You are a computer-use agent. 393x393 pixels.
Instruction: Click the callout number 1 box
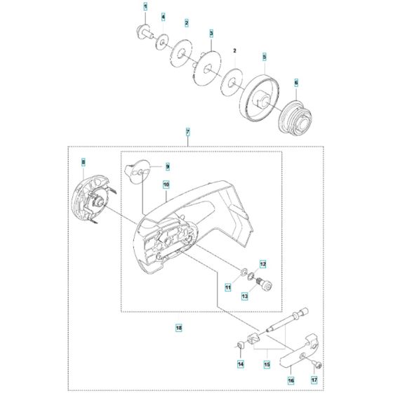point(145,6)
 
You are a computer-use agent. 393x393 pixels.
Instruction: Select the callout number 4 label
point(163,16)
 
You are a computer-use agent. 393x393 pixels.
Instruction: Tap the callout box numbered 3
point(211,33)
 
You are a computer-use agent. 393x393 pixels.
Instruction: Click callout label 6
point(296,83)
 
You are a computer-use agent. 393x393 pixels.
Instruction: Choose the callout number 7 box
point(187,131)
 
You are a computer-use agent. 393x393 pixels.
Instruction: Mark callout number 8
point(83,164)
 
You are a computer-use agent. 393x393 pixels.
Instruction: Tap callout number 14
point(240,364)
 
